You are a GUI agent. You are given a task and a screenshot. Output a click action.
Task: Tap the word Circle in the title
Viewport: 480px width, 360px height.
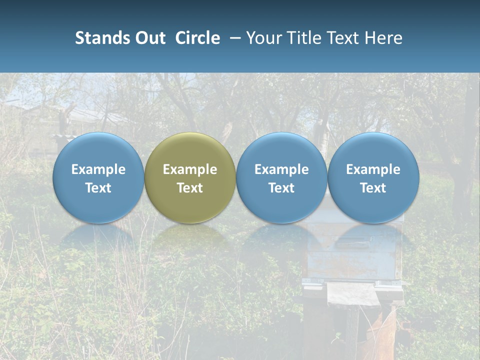click(197, 38)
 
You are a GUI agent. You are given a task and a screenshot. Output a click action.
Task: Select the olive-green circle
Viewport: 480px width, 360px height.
click(190, 177)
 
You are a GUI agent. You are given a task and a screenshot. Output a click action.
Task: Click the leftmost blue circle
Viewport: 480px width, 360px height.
click(98, 177)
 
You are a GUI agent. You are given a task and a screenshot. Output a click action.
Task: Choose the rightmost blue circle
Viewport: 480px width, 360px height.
click(373, 177)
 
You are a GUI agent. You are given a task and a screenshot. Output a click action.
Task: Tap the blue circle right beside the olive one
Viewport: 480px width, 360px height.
click(281, 177)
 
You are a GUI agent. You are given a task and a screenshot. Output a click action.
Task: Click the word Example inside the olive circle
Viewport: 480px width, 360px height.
click(190, 169)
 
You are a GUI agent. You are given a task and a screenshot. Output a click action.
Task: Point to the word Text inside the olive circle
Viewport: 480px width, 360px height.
click(190, 188)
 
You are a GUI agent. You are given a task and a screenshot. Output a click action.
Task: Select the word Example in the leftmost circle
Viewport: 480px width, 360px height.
click(98, 169)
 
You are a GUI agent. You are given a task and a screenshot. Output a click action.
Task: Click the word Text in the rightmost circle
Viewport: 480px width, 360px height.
click(373, 188)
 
